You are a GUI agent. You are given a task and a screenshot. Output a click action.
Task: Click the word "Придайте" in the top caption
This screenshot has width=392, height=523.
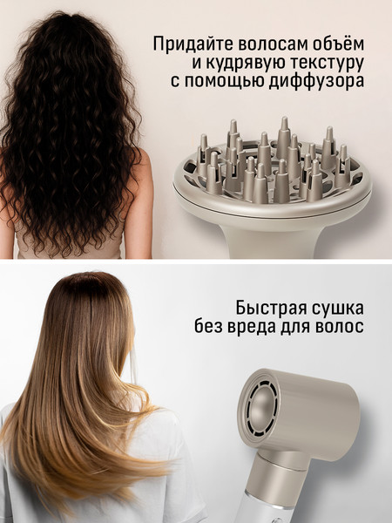(x=188, y=43)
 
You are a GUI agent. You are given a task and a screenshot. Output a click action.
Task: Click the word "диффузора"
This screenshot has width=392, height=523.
(x=321, y=83)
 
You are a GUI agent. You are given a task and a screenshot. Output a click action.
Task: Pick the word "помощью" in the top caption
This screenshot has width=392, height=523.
(x=228, y=83)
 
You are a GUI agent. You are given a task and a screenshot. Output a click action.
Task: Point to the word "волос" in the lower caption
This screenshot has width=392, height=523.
(x=340, y=329)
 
